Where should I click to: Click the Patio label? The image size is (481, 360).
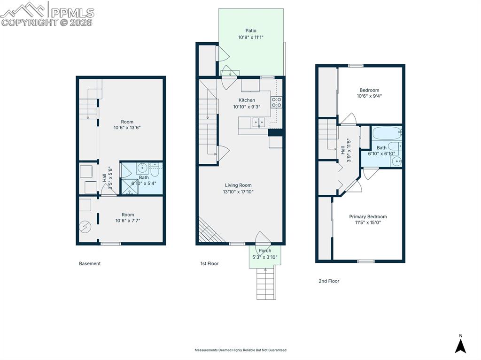251,31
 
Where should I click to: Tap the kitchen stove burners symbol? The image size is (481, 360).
276,102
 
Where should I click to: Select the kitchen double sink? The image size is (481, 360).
259,122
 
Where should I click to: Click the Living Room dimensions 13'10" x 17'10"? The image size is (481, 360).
238,192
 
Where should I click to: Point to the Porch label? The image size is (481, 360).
265,251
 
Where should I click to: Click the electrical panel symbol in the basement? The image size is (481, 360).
85,227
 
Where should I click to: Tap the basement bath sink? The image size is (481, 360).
142,168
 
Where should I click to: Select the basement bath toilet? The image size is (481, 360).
155,170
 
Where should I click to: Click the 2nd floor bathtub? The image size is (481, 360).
387,133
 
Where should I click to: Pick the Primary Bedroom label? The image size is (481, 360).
368,216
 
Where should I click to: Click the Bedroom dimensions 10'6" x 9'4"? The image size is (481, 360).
369,96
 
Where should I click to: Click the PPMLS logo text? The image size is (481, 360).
72,12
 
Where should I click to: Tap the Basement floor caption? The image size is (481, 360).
90,263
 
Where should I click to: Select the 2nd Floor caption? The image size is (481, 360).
329,281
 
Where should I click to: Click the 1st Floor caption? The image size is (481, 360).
209,263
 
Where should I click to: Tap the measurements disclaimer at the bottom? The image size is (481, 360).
240,350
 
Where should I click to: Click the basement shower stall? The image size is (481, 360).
130,187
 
